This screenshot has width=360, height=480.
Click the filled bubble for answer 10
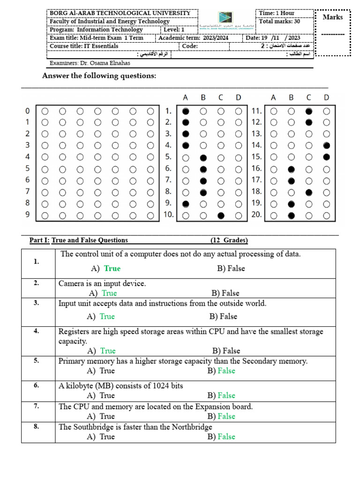pos(221,216)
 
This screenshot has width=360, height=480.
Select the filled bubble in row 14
pos(327,146)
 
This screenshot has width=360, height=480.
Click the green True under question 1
pos(112,269)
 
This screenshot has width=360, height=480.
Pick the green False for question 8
pos(226,436)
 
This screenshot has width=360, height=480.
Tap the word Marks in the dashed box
pos(333,17)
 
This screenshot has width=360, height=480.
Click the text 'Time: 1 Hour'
pos(277,13)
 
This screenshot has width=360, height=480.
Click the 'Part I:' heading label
pos(39,240)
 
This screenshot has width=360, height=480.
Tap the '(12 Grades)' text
pos(229,240)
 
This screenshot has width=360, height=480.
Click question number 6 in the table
pos(36,385)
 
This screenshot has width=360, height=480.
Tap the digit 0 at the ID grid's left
pos(27,112)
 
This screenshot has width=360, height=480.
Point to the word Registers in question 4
pos(75,331)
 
